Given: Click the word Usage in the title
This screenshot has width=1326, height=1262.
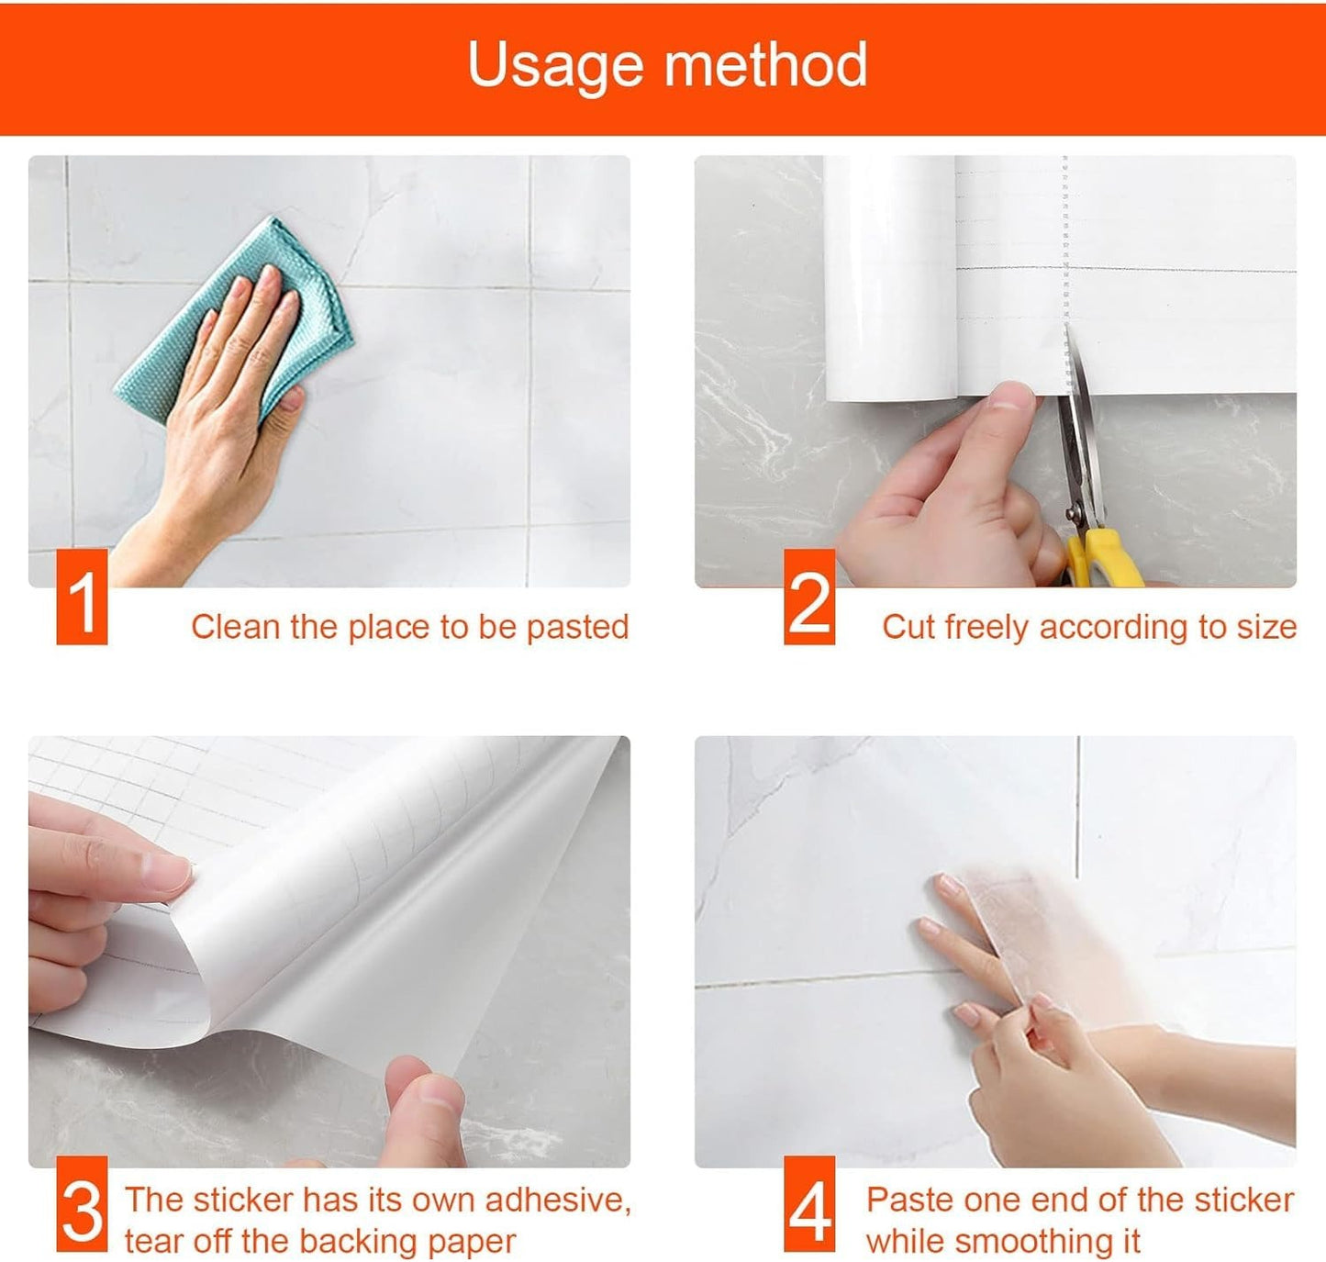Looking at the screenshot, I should (x=554, y=65).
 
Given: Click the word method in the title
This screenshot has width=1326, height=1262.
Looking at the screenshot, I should (x=765, y=65).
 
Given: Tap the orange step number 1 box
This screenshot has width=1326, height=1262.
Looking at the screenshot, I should (x=82, y=597).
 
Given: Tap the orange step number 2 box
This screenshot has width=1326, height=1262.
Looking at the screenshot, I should (x=809, y=597).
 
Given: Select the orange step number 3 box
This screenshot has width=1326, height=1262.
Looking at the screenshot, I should (x=82, y=1205).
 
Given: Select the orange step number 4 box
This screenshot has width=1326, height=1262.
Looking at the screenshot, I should (x=809, y=1205).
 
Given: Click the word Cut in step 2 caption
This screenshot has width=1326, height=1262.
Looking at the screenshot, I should (x=908, y=627).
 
